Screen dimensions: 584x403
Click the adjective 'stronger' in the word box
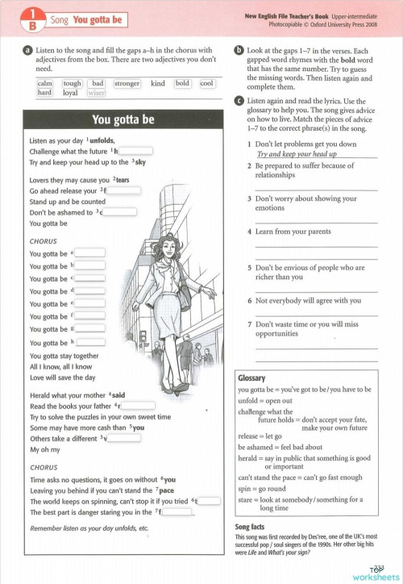pyautogui.click(x=127, y=83)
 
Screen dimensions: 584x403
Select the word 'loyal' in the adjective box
pyautogui.click(x=71, y=93)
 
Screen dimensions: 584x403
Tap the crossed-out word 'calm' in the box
pyautogui.click(x=45, y=83)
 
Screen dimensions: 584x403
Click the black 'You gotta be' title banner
pyautogui.click(x=123, y=120)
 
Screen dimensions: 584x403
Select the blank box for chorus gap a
pyautogui.click(x=89, y=252)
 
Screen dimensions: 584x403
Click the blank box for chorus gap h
pyautogui.click(x=89, y=342)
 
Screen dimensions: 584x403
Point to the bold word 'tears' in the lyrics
pyautogui.click(x=123, y=180)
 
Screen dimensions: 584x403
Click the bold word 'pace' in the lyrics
pyautogui.click(x=166, y=490)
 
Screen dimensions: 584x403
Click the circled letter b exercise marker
pyautogui.click(x=239, y=50)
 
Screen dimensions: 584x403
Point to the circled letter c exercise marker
pyautogui.click(x=239, y=100)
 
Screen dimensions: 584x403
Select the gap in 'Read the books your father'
pyautogui.click(x=135, y=406)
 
